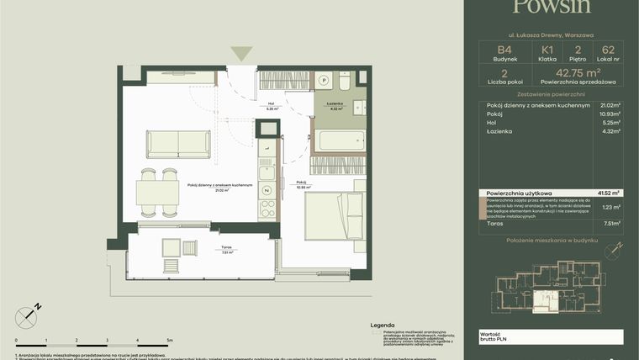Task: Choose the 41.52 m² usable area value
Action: click(x=610, y=193)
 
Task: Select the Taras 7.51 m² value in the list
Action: click(x=612, y=224)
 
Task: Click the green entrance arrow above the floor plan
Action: click(x=242, y=53)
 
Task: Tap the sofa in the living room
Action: click(x=177, y=143)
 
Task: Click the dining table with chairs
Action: click(x=158, y=193)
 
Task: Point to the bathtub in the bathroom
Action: click(x=339, y=140)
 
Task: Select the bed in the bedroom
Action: click(x=334, y=215)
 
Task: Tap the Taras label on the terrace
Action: click(x=226, y=250)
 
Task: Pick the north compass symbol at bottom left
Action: click(x=28, y=316)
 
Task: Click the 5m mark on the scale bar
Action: click(x=171, y=341)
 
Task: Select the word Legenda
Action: click(x=383, y=322)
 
